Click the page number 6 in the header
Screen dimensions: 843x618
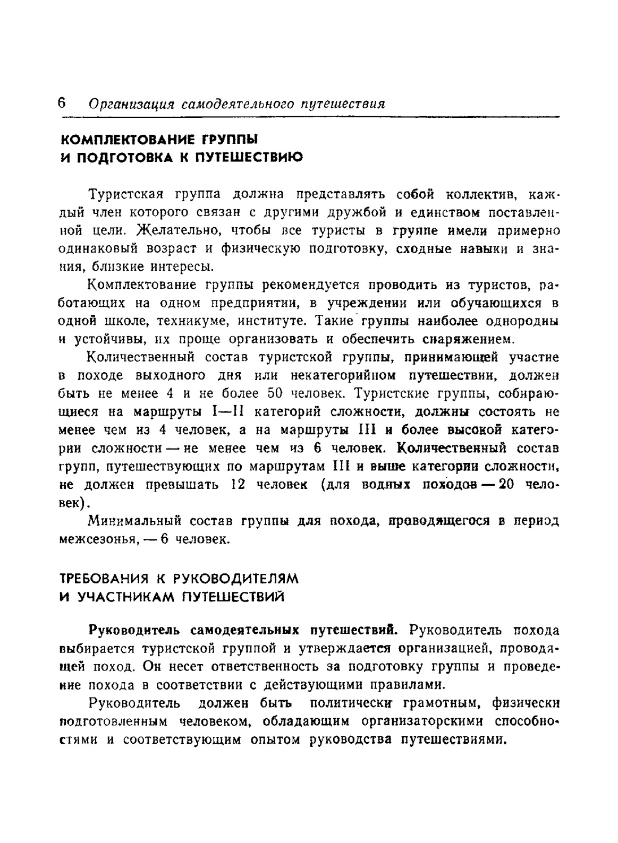click(x=61, y=102)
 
